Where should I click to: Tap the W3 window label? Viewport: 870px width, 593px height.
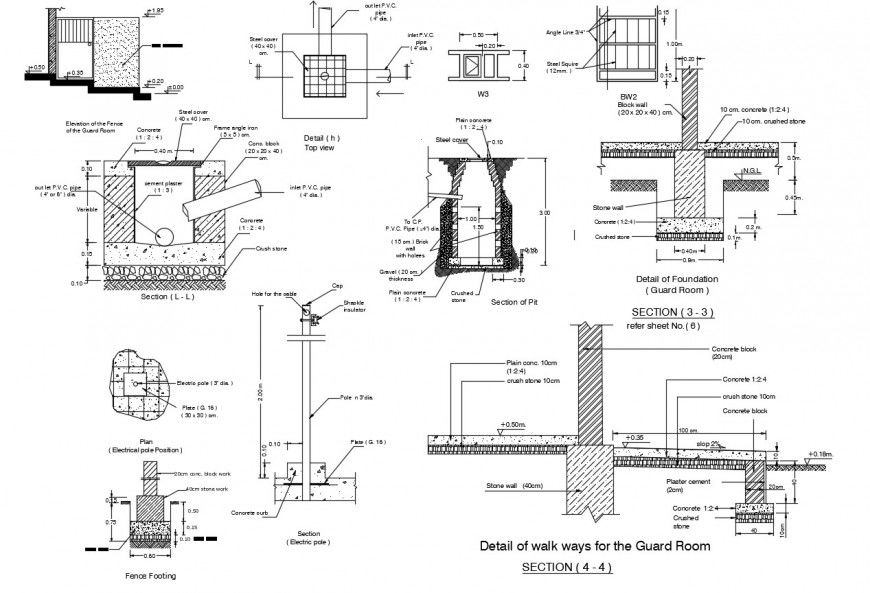(x=482, y=93)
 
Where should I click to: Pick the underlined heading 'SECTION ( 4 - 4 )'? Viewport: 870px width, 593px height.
(x=567, y=567)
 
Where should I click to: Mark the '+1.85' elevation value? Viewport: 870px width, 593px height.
(x=156, y=10)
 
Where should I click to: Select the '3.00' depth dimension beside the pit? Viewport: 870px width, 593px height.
(x=541, y=213)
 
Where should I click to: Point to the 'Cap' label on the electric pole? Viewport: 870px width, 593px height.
(x=337, y=285)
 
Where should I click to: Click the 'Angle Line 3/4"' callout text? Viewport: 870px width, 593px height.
(x=568, y=32)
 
